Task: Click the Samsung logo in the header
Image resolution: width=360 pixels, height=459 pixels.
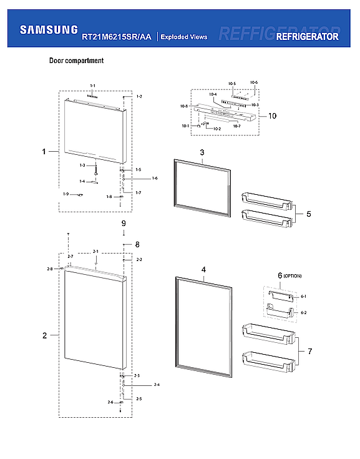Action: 49,29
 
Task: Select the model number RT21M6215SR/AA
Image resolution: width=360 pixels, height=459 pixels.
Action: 116,37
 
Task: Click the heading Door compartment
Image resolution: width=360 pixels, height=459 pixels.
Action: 76,61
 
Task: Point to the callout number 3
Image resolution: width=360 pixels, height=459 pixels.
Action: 202,153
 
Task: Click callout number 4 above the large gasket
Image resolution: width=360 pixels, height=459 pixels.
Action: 203,270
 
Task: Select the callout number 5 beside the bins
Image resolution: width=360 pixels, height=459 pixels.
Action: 309,214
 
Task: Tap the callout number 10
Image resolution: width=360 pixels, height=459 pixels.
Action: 272,116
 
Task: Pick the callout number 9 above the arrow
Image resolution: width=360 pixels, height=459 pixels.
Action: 124,224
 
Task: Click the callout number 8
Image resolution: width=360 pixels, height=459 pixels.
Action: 137,244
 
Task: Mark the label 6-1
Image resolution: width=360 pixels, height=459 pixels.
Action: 304,297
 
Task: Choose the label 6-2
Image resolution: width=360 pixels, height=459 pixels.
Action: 304,312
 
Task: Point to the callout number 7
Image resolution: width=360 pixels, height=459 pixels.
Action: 309,352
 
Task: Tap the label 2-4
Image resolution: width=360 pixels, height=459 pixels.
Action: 157,385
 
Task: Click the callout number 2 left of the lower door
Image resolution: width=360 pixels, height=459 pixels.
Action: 44,336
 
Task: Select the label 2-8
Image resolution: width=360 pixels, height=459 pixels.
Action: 50,269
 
